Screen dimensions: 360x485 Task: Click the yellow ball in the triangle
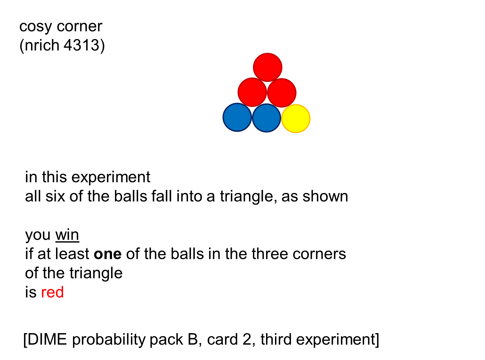coord(296,118)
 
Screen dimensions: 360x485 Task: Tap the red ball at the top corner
coord(268,68)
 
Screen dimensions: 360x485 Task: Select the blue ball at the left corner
coord(237,117)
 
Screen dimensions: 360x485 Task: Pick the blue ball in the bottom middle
coord(266,118)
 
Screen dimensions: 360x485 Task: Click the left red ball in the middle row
coord(252,92)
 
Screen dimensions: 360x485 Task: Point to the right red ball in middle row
coord(282,93)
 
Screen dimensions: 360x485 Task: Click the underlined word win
coord(67,235)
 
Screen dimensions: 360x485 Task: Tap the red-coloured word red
coord(53,292)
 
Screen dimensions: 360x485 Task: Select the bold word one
coord(108,254)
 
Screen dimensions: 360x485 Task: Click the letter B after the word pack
coord(193,340)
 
